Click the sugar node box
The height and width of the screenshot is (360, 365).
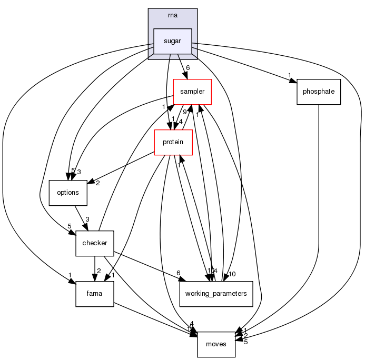point(172,41)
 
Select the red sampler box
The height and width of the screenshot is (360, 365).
point(193,92)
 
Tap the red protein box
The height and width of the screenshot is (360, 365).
point(173,142)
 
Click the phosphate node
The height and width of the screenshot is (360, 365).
point(319,92)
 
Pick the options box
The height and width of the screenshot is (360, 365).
point(67,193)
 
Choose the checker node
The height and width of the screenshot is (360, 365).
point(95,243)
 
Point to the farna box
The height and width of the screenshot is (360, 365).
point(95,294)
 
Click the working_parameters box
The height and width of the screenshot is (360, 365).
point(216,294)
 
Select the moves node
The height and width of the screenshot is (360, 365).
point(216,344)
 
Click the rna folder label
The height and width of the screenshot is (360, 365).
point(172,15)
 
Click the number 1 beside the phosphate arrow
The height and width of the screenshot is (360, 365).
point(289,74)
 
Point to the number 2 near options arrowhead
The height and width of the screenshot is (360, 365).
point(98,184)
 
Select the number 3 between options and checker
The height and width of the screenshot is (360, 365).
point(87,219)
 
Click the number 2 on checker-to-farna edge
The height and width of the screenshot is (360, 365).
point(99,271)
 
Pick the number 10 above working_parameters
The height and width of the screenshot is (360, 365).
point(232,274)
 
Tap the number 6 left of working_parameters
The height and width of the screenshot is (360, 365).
point(179,273)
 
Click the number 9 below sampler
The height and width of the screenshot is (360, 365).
point(184,112)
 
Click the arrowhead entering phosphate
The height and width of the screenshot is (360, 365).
point(293,81)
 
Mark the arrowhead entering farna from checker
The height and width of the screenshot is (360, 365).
point(95,278)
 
